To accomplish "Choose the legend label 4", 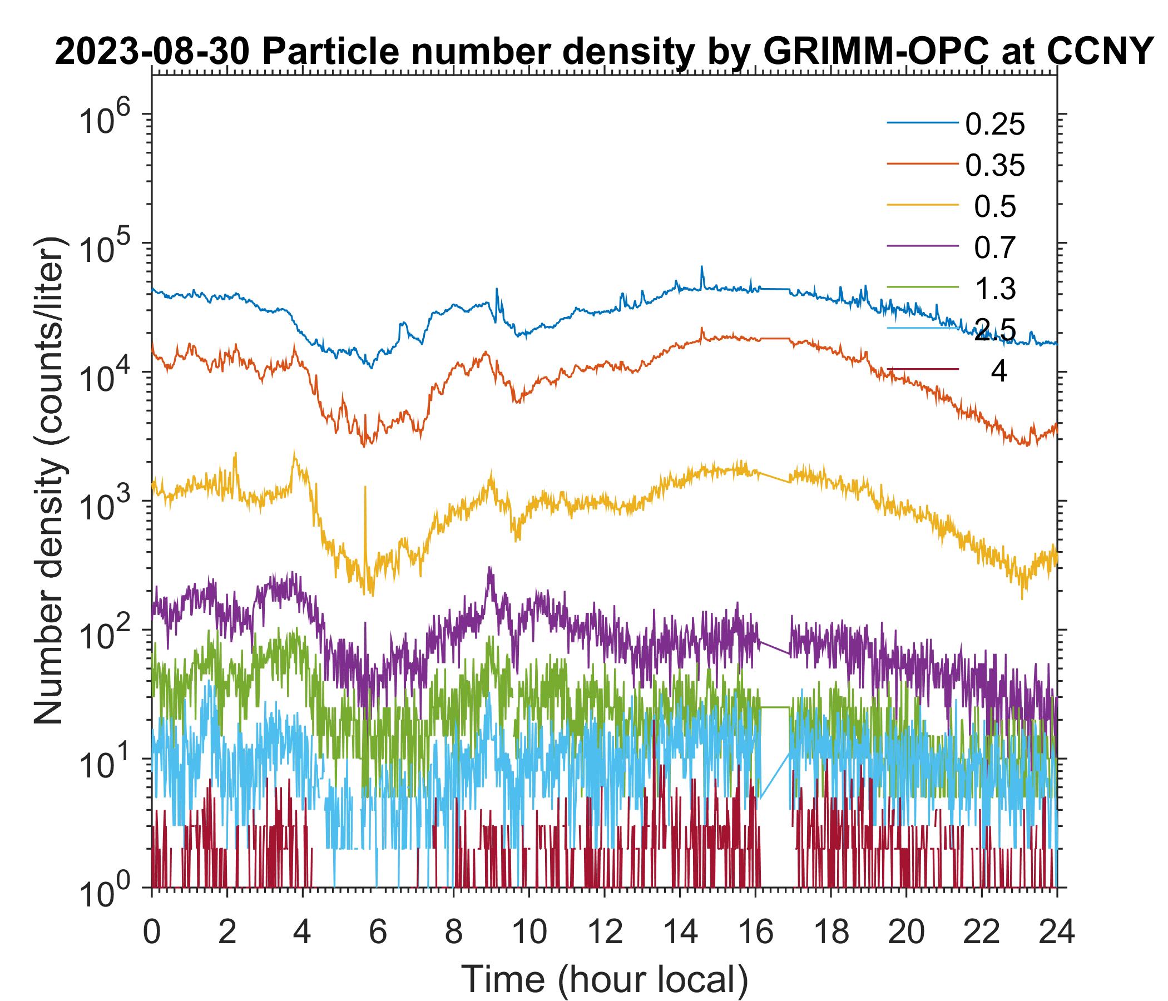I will tap(998, 372).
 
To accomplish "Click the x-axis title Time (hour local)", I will tap(605, 979).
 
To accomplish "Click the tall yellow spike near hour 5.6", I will tap(365, 487).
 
